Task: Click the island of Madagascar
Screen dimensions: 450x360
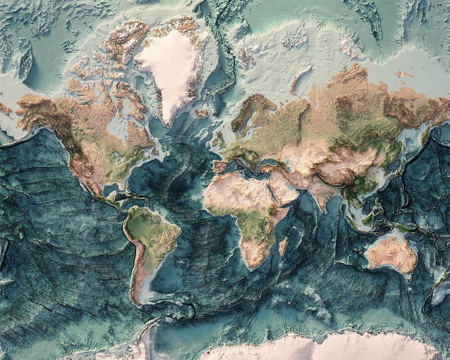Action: [x=283, y=246]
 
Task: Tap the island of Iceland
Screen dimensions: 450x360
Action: [x=202, y=113]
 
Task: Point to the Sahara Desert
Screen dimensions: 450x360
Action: [x=233, y=190]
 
